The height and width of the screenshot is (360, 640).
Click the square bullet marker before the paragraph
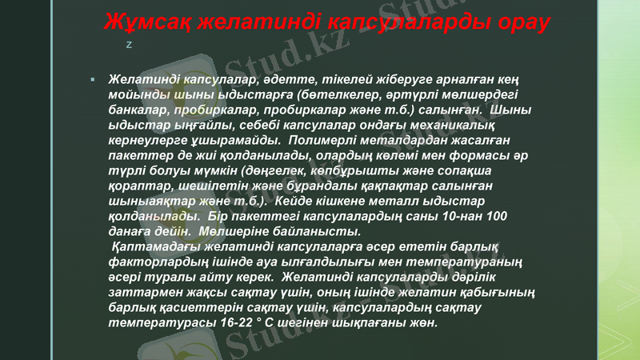click(x=93, y=81)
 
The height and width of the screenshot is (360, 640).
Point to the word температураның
click(x=472, y=262)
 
